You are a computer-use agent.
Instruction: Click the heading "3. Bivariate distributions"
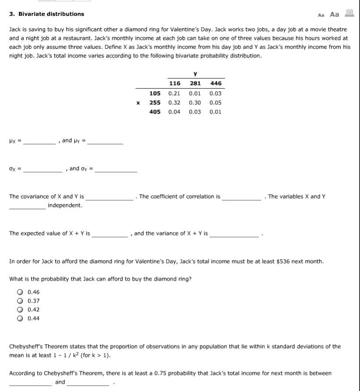pyautogui.click(x=47, y=14)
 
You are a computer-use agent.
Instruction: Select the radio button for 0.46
pyautogui.click(x=20, y=292)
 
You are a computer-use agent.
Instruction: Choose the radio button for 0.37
pyautogui.click(x=20, y=301)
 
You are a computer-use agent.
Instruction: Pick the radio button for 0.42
pyautogui.click(x=20, y=309)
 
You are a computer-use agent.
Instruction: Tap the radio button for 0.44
pyautogui.click(x=20, y=319)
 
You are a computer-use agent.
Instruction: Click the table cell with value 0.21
pyautogui.click(x=174, y=93)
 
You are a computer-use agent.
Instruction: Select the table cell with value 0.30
pyautogui.click(x=195, y=103)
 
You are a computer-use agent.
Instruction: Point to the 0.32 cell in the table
pyautogui.click(x=174, y=103)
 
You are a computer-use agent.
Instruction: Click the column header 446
pyautogui.click(x=216, y=83)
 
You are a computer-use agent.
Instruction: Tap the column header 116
pyautogui.click(x=174, y=83)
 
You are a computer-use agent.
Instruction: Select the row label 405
pyautogui.click(x=155, y=112)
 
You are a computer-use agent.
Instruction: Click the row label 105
pyautogui.click(x=155, y=93)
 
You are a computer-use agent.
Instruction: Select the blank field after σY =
pyautogui.click(x=116, y=169)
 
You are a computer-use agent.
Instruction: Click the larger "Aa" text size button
pyautogui.click(x=335, y=14)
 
